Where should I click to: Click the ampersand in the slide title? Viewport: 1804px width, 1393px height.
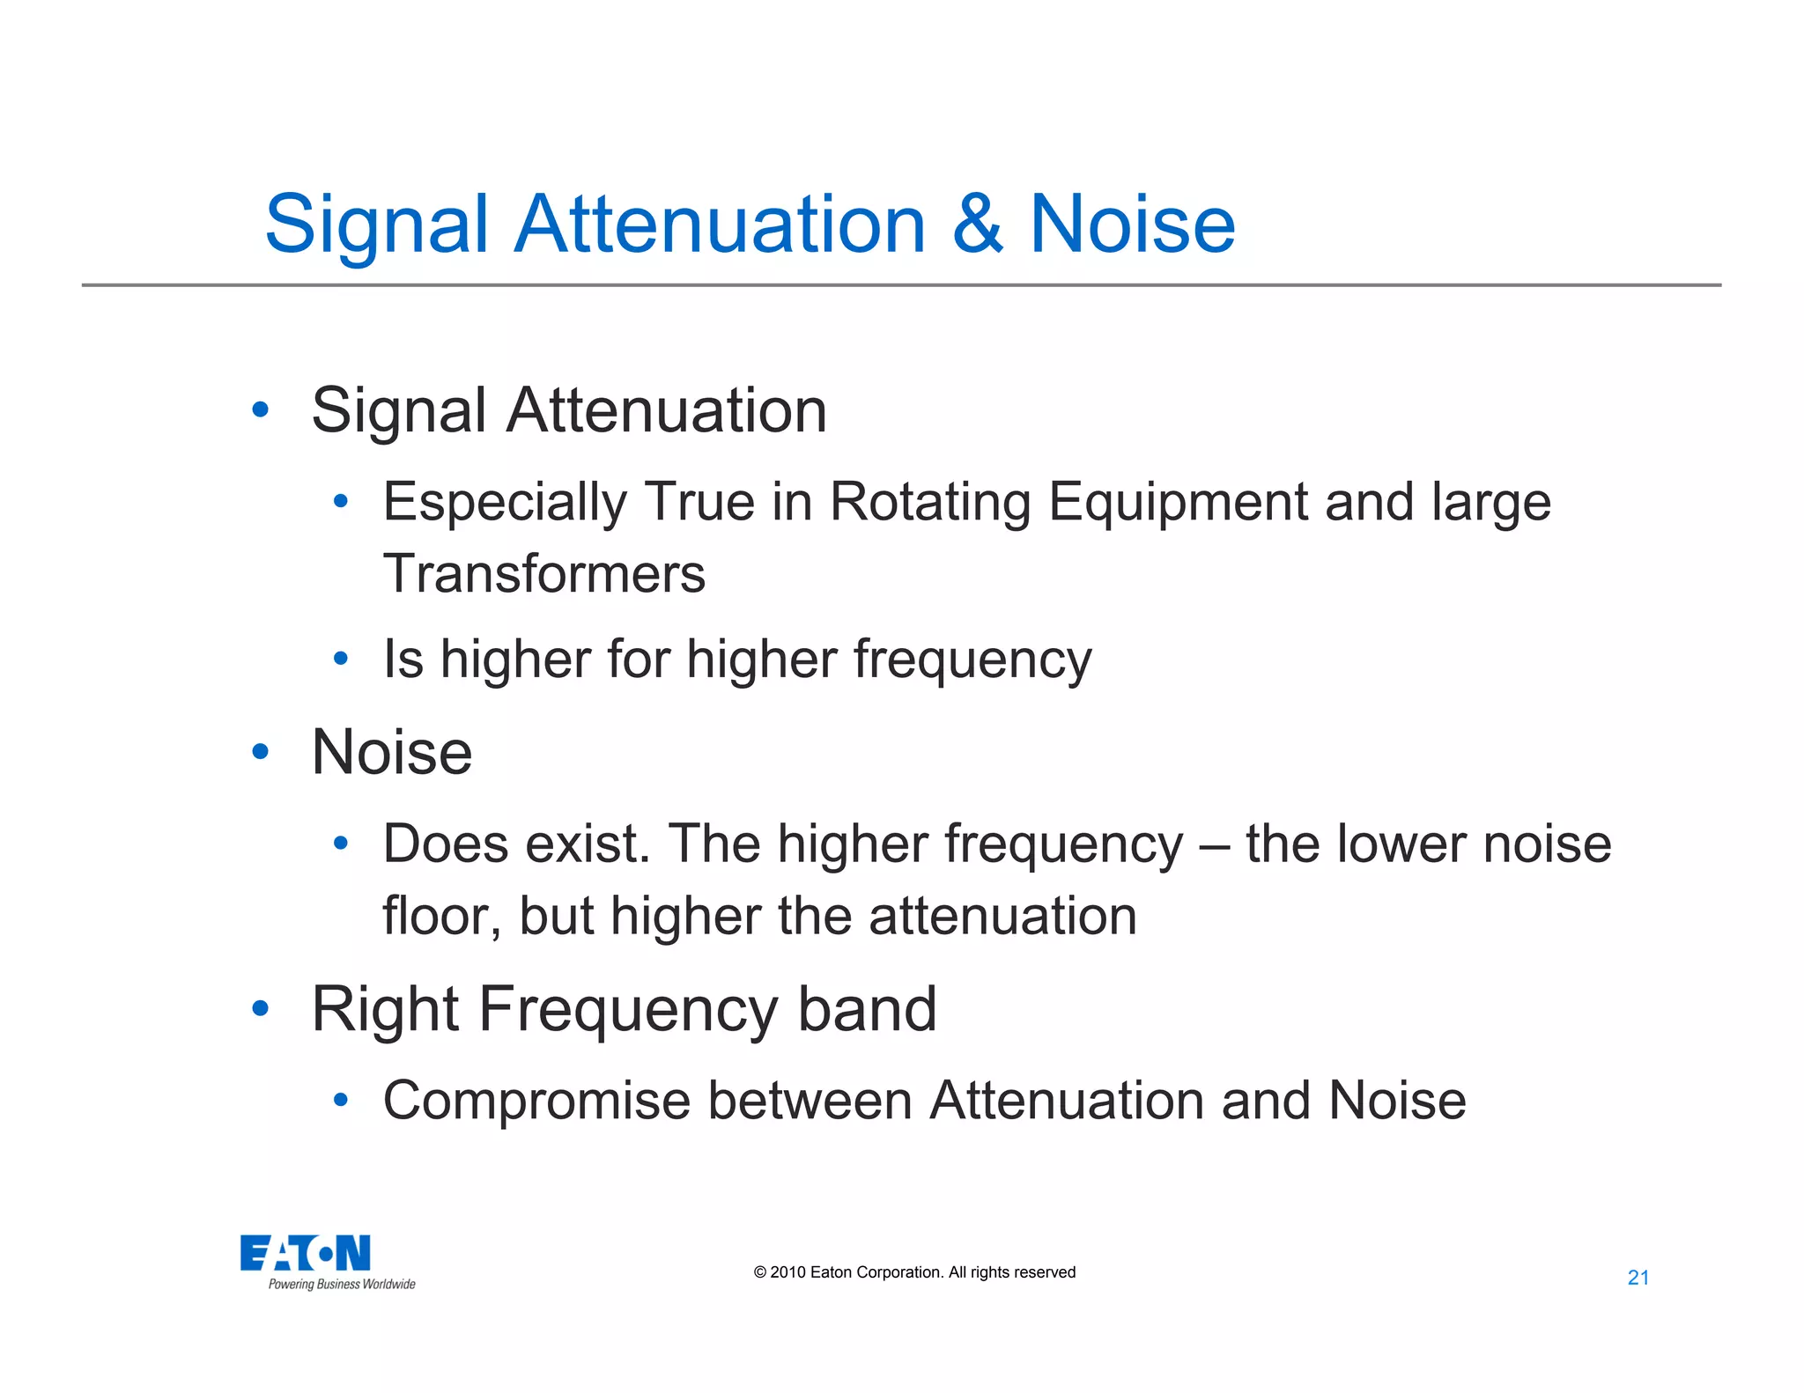(977, 225)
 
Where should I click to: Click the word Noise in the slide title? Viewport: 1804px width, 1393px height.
(1132, 225)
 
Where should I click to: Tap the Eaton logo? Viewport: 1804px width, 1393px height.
(306, 1253)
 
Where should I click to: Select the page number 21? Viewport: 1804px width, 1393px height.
(1638, 1278)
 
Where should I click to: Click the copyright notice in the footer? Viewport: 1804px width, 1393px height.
(914, 1272)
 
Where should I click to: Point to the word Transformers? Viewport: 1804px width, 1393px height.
(544, 574)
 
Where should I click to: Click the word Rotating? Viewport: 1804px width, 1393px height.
(930, 503)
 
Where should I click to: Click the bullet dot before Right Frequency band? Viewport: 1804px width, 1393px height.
(260, 1008)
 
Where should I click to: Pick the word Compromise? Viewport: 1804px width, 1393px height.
(536, 1102)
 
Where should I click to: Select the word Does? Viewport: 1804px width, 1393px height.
(446, 844)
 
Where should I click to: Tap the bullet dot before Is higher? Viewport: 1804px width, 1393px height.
(341, 659)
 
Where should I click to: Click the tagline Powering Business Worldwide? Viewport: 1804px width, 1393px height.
(342, 1285)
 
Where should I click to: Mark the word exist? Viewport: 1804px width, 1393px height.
(588, 844)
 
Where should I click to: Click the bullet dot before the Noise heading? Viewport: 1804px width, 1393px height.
(260, 752)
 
